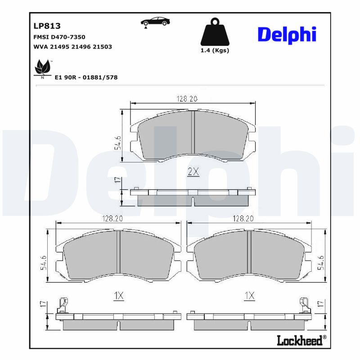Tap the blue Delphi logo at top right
tap(287, 35)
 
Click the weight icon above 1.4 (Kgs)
tap(214, 32)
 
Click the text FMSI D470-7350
tap(59, 37)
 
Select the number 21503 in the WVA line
tap(102, 46)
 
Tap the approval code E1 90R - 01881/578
tap(85, 77)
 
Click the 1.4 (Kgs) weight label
tap(215, 50)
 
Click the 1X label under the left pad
tap(118, 296)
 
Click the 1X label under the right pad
tap(249, 296)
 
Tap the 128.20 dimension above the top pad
tap(186, 99)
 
